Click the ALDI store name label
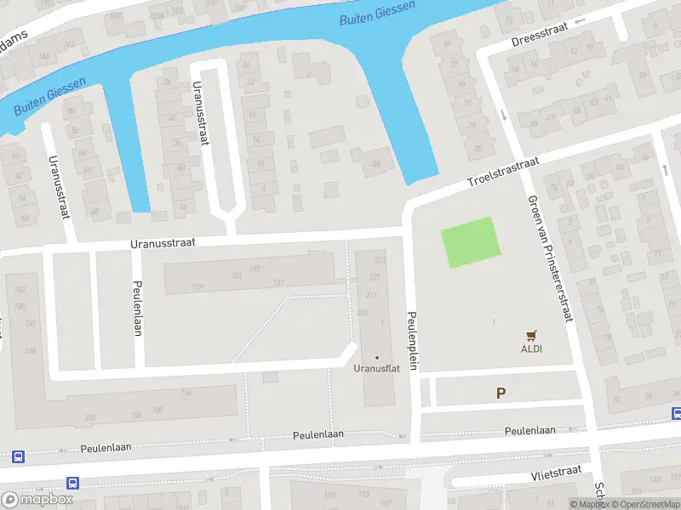coord(532,348)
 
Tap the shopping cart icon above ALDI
coord(533,336)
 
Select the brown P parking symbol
coord(501,393)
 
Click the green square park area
coord(468,242)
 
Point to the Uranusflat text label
coord(376,369)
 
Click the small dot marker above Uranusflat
coord(377,357)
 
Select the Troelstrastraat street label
coord(503,172)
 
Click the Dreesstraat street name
coord(539,40)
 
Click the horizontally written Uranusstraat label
coord(163,242)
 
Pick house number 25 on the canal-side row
coord(478,148)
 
